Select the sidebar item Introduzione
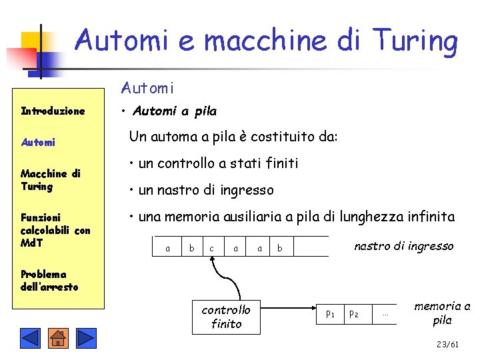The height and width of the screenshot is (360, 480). (x=53, y=111)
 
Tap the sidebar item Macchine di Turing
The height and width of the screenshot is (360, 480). (x=50, y=180)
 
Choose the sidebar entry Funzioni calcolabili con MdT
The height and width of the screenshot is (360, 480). (x=55, y=229)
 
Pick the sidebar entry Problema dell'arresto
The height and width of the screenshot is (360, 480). (x=49, y=281)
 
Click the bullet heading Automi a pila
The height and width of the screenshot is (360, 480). (x=174, y=111)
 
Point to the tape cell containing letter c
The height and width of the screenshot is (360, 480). (x=212, y=248)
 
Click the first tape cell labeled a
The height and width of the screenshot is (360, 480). (x=167, y=248)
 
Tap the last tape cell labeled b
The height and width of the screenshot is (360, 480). (x=280, y=248)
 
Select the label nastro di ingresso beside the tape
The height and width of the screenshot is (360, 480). (x=403, y=246)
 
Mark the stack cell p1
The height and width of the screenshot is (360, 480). (x=330, y=313)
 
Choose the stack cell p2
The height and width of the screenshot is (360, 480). (x=354, y=313)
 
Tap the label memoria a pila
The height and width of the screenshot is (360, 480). (x=442, y=313)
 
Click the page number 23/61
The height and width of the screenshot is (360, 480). (x=447, y=345)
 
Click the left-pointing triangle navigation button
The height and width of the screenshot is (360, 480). (x=30, y=339)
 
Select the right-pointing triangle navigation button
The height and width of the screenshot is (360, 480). (x=87, y=339)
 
